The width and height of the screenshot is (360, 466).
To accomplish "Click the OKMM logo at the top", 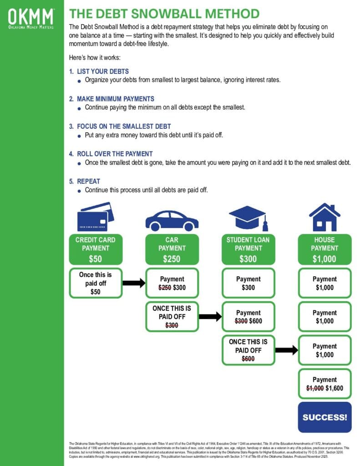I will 31,18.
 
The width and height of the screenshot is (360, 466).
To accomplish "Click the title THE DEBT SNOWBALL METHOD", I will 164,13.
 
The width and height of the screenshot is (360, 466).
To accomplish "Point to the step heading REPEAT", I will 88,181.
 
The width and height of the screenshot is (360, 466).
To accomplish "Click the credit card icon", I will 96,217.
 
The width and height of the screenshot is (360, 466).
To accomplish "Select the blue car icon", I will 172,220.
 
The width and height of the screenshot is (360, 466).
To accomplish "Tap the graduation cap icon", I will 248,218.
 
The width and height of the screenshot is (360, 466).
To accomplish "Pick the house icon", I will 325,217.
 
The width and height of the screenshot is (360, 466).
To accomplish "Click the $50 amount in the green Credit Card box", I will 95,259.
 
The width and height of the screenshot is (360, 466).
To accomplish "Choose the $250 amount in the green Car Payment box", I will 172,259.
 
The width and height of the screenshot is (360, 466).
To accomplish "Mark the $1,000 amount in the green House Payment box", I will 325,259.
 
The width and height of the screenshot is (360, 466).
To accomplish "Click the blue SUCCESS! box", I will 325,417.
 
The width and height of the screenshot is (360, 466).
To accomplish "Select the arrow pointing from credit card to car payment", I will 134,283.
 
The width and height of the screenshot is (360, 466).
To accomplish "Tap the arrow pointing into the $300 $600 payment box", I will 210,317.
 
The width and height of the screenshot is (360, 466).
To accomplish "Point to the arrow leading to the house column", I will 287,350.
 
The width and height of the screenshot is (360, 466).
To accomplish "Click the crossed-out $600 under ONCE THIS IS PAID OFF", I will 248,359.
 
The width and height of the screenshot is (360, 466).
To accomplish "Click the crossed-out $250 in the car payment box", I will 164,288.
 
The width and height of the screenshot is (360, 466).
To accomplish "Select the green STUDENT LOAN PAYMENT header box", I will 248,249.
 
